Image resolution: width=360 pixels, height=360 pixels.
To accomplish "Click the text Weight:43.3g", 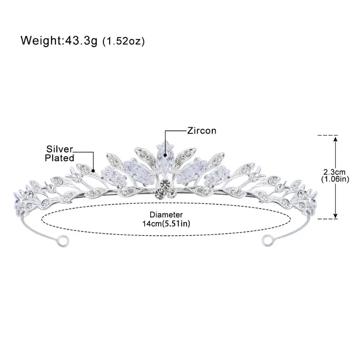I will pos(59,40).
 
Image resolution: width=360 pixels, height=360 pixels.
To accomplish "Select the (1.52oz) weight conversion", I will pos(123,41).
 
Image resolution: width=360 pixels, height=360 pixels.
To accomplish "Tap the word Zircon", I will pos(202,130).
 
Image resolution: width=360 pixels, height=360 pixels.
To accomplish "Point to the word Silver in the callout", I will pos(59,149).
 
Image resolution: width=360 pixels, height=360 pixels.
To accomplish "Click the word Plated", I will pos(60,157).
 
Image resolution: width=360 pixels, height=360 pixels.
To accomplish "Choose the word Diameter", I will pos(166,215).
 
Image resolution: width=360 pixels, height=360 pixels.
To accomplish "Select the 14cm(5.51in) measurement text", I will pos(166,224).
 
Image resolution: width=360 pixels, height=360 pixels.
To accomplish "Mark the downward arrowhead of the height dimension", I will pos(336,216).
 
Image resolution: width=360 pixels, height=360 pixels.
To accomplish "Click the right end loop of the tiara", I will pos(267,239).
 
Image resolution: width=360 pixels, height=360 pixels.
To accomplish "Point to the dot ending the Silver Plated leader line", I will pos(93,170).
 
